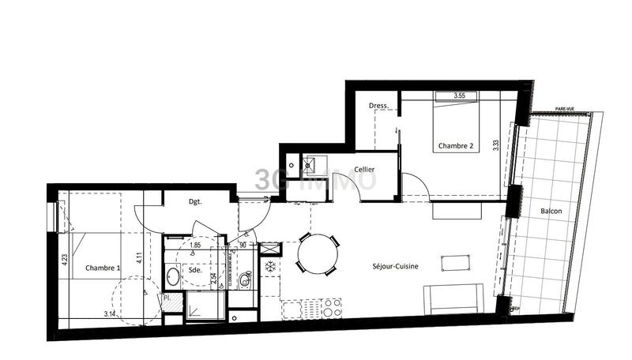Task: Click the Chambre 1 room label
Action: coord(103,268)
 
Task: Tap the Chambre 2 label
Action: coord(457,146)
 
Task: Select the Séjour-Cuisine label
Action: coord(386,266)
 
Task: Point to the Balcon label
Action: coord(552,212)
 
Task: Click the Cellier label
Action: coord(364,169)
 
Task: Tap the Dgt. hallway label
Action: coord(195,201)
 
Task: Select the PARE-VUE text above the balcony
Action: coord(564,109)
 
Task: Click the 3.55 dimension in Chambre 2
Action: coord(460,96)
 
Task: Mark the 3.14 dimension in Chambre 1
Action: coord(111,314)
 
